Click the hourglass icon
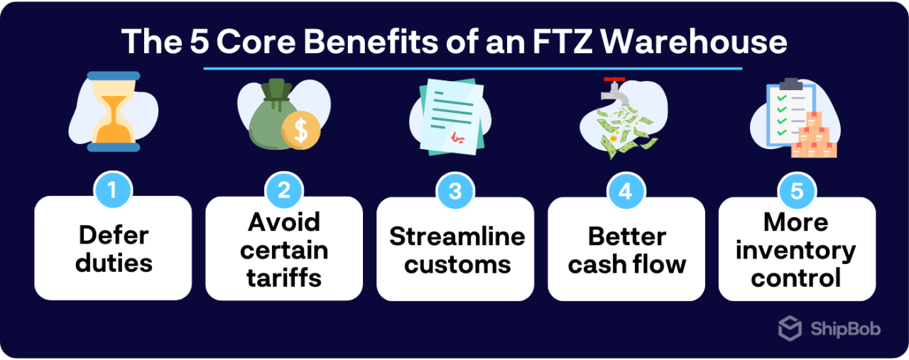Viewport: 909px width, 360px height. click(114, 111)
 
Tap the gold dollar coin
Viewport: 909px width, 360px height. click(300, 131)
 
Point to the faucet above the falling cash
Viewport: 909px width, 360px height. click(609, 90)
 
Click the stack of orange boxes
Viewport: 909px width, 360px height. click(815, 136)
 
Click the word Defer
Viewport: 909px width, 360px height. click(114, 235)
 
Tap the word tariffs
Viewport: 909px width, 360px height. click(284, 278)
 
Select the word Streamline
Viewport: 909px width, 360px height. click(457, 236)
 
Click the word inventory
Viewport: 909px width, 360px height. click(796, 250)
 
